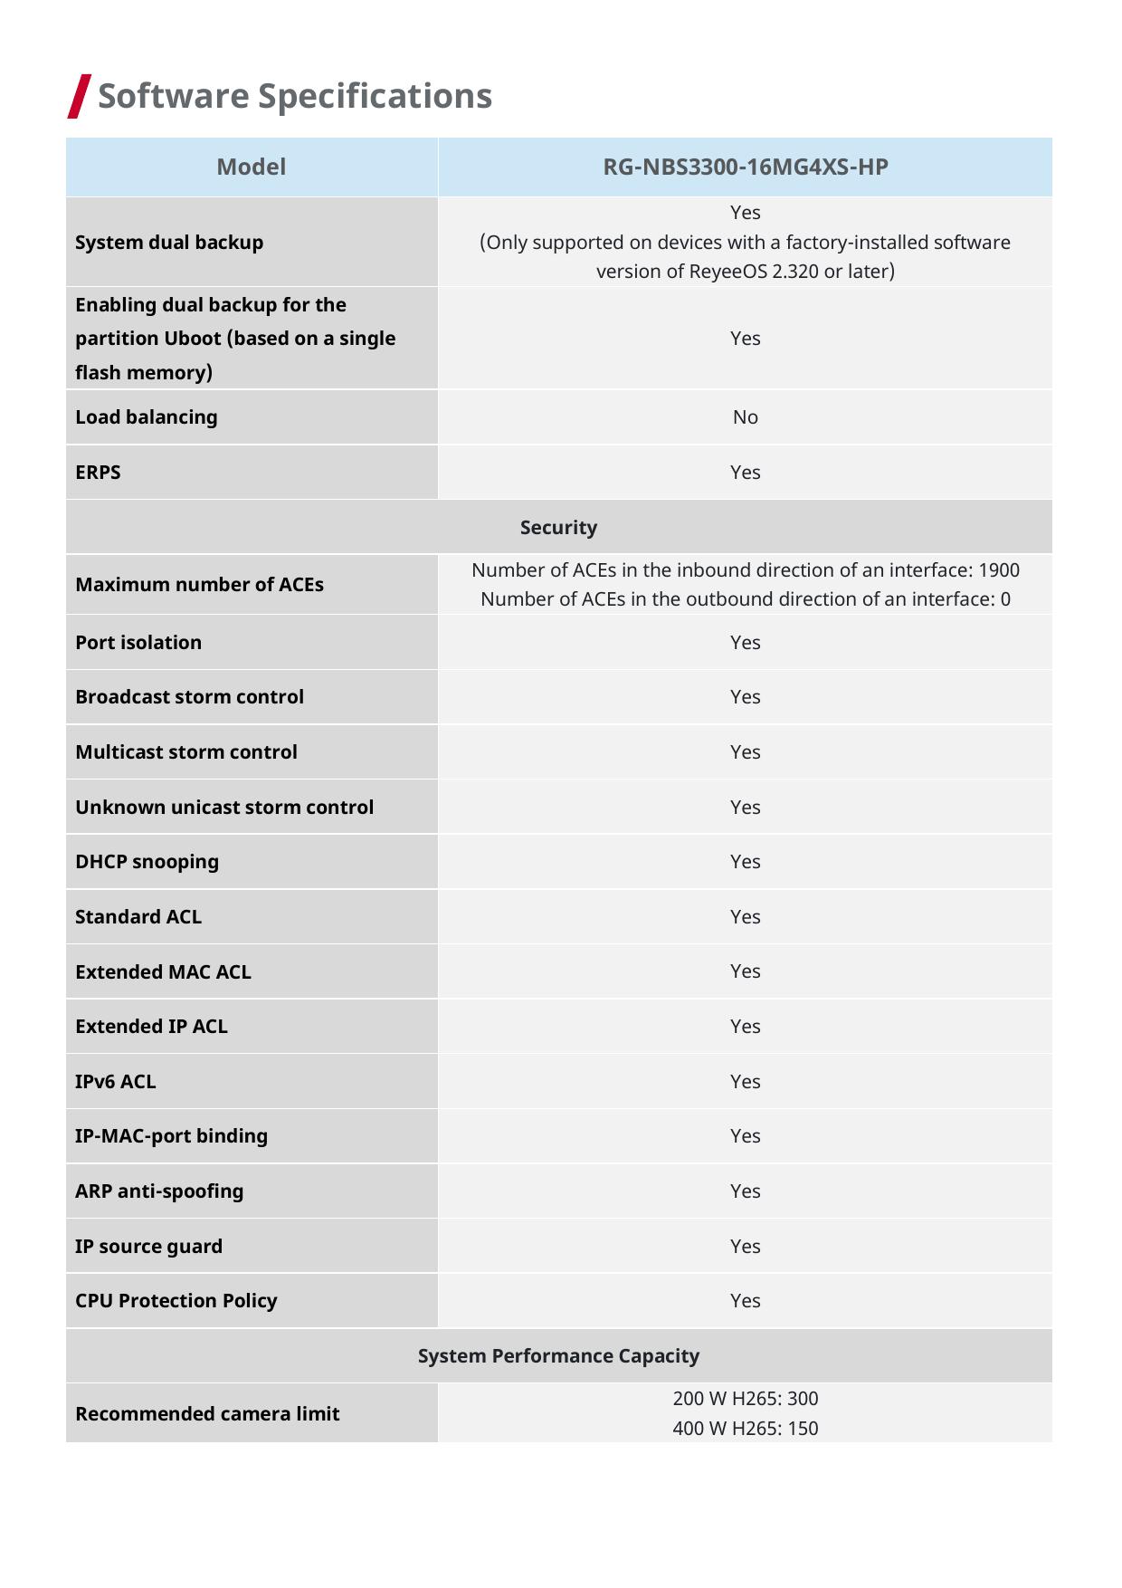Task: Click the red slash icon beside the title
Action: click(x=80, y=96)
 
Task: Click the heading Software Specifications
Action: click(x=294, y=96)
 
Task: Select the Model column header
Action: click(x=252, y=167)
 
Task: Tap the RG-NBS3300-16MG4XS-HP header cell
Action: click(x=745, y=167)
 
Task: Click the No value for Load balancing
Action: click(x=745, y=417)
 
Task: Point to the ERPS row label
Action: click(x=98, y=473)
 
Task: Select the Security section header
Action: click(x=558, y=528)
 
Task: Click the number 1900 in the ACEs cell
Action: click(x=999, y=570)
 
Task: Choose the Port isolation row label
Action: click(x=138, y=643)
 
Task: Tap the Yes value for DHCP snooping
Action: click(x=745, y=862)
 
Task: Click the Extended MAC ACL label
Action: click(x=163, y=972)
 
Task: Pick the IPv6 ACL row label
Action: click(x=115, y=1082)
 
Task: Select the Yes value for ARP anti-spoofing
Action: click(x=745, y=1191)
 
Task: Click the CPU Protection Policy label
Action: click(x=176, y=1301)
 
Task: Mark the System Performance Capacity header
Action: click(x=558, y=1356)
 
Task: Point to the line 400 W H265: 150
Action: click(x=745, y=1429)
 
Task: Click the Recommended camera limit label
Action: click(x=207, y=1414)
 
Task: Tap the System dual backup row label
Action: click(x=169, y=243)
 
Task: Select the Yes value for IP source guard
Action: click(x=745, y=1247)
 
